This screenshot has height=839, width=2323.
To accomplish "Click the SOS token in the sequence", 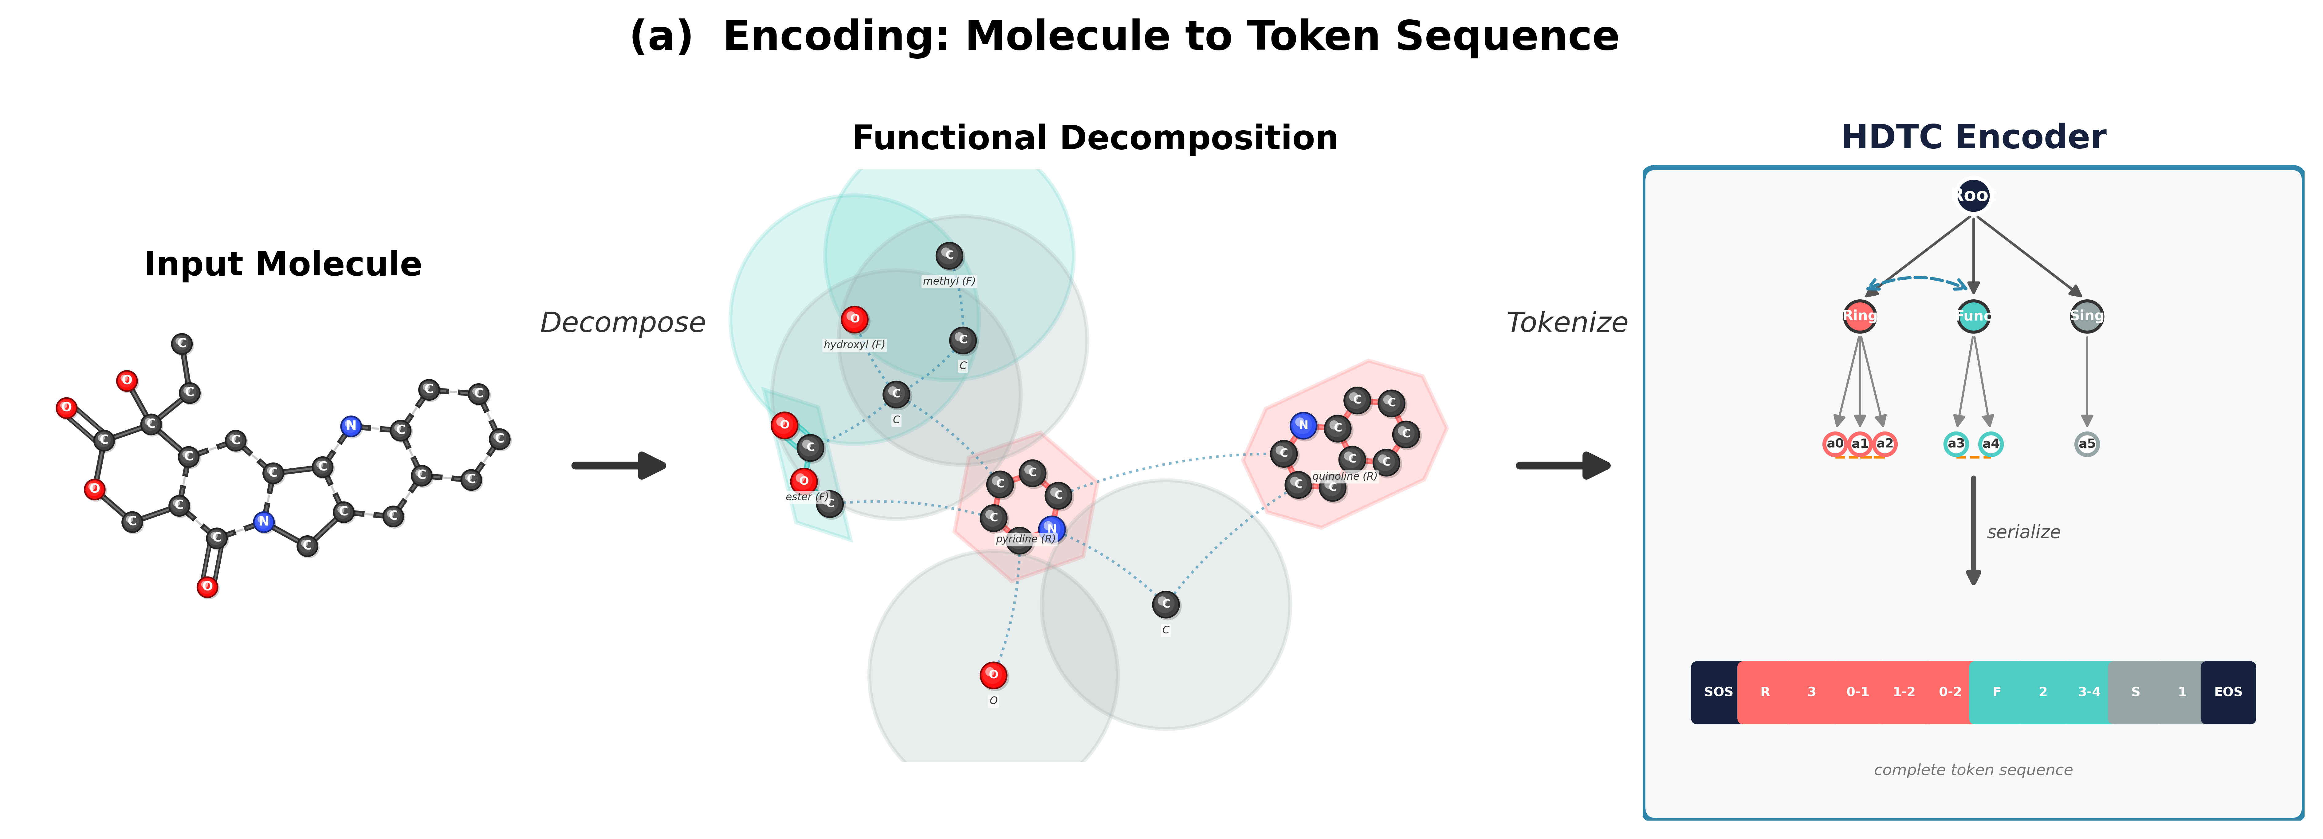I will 1717,692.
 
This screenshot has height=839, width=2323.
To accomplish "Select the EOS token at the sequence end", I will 2227,692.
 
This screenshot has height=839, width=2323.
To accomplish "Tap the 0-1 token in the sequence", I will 1857,692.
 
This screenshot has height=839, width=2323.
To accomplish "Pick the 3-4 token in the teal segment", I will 2089,692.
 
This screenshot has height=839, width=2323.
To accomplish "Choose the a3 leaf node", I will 1955,444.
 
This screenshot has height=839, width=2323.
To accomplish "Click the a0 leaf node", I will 1834,444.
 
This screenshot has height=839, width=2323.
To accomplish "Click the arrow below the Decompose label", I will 619,466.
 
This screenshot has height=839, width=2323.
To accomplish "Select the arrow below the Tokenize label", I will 1564,466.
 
